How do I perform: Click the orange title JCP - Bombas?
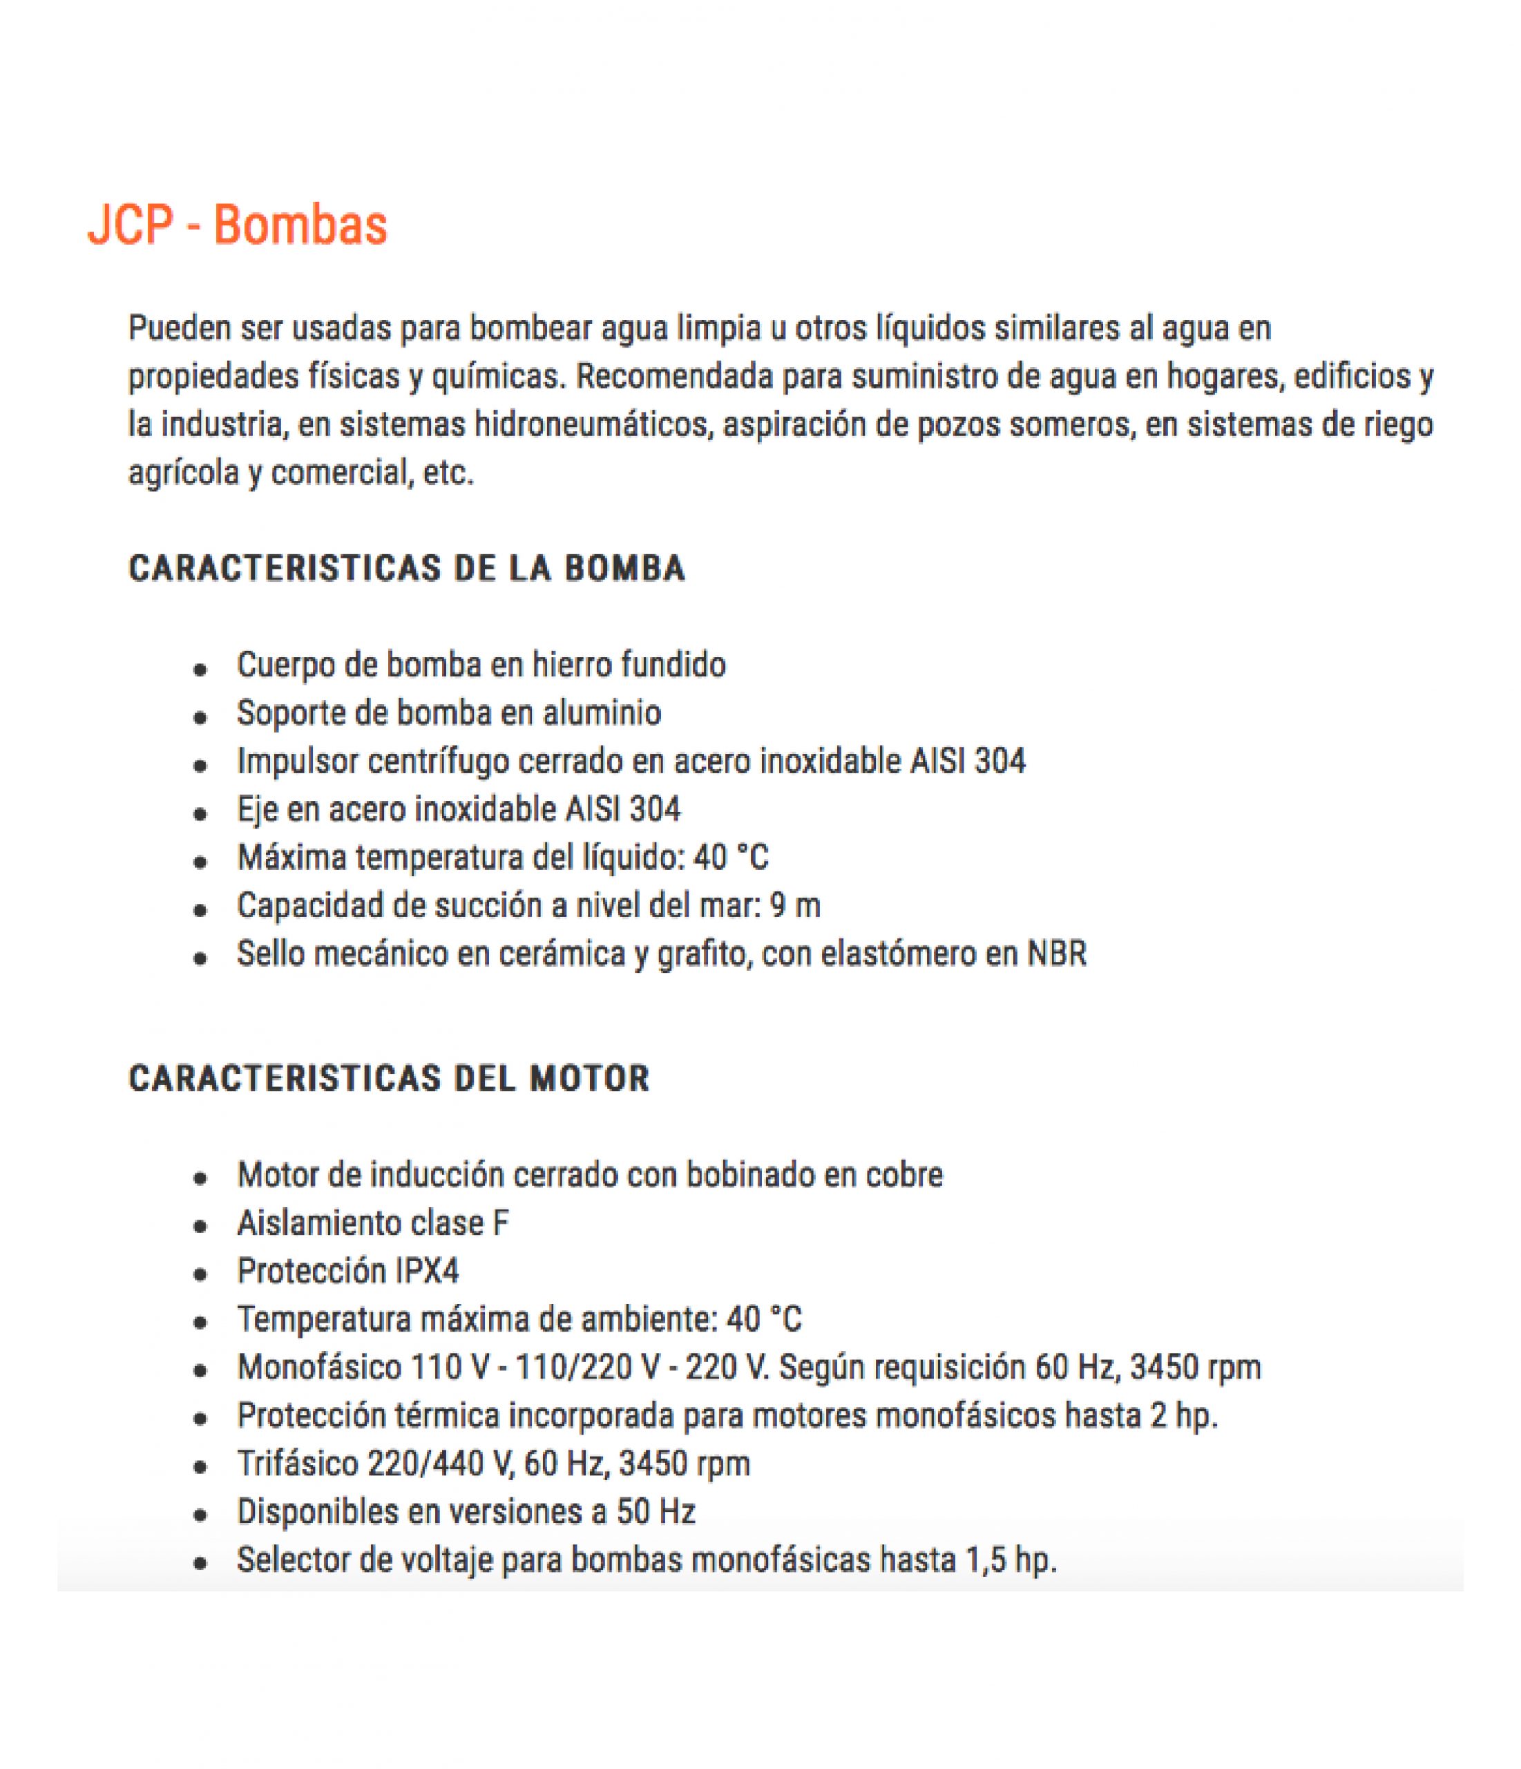click(x=238, y=225)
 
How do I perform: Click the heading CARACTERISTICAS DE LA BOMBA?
click(x=407, y=569)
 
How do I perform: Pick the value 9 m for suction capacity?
click(x=794, y=906)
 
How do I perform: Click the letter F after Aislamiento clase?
click(x=501, y=1224)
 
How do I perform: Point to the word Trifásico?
click(x=296, y=1464)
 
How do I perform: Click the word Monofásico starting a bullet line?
click(x=318, y=1368)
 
